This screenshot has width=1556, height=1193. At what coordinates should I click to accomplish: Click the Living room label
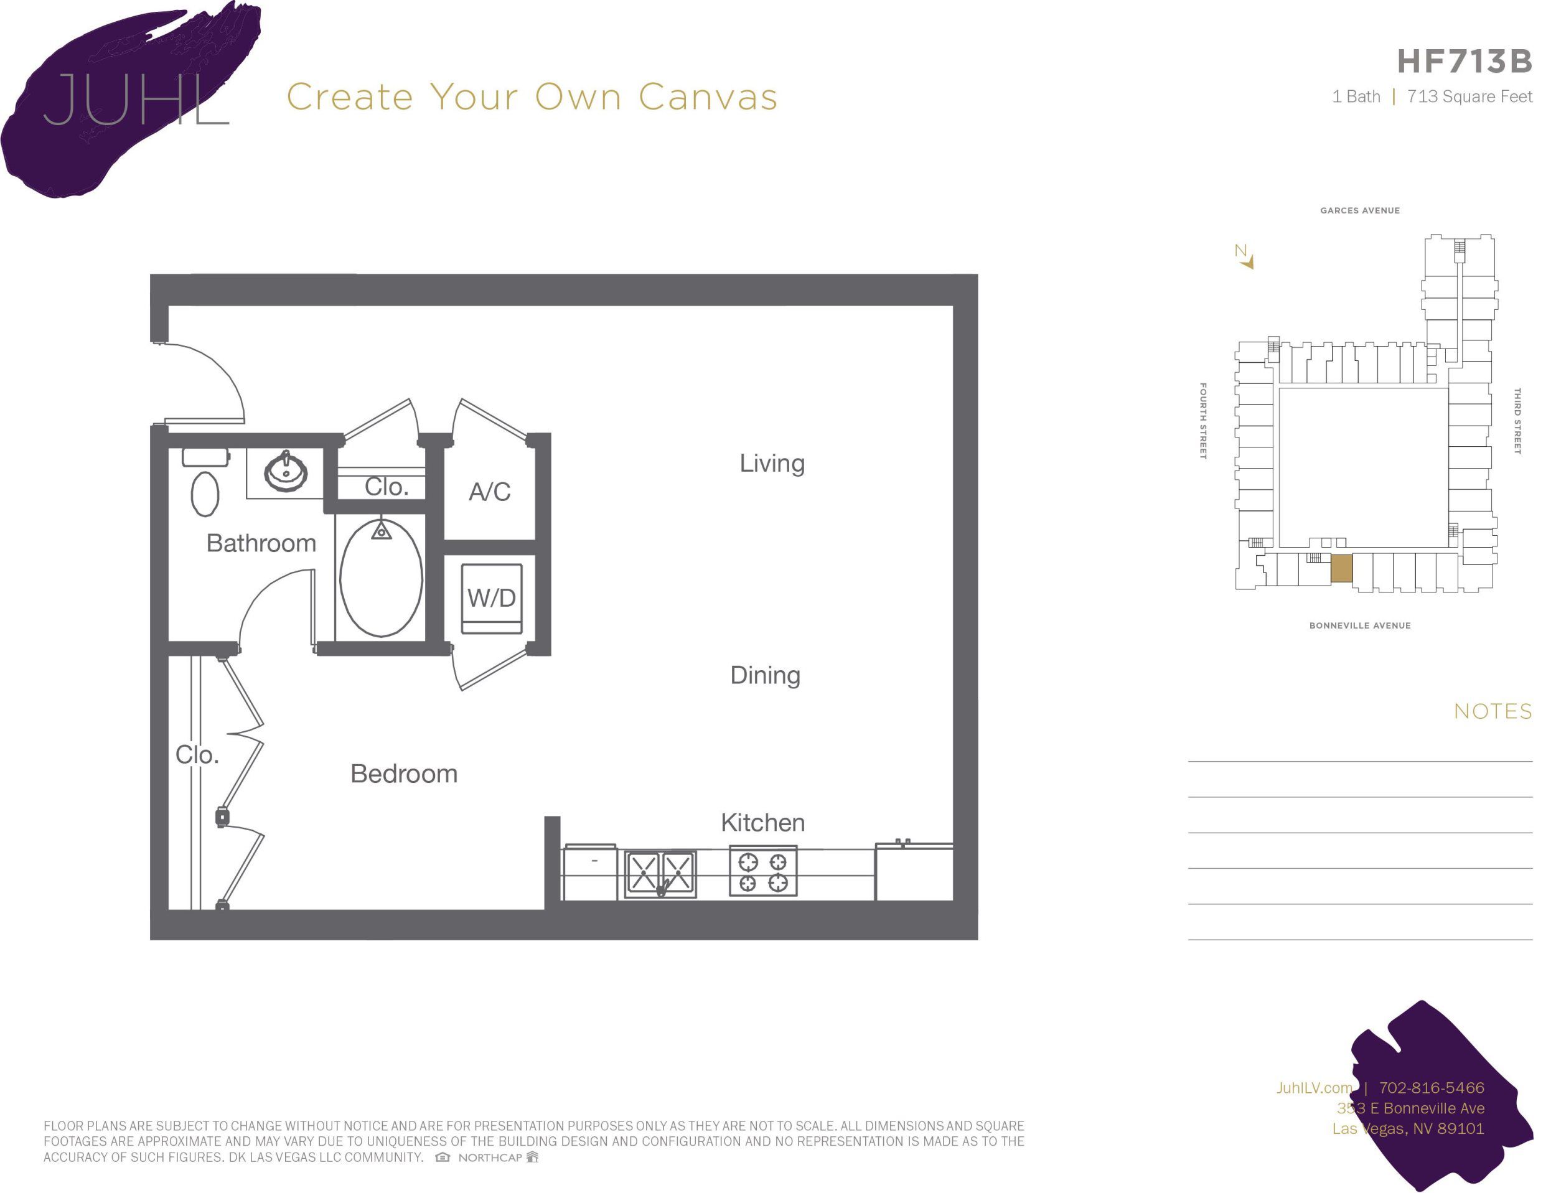[772, 463]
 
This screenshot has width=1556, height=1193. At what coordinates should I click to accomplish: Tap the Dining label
[765, 675]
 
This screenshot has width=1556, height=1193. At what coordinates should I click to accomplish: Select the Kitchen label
[762, 822]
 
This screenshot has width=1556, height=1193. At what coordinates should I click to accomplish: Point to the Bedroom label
[403, 774]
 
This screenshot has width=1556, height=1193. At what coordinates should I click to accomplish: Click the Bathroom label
[261, 543]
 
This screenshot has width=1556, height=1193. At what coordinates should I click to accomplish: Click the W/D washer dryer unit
[492, 598]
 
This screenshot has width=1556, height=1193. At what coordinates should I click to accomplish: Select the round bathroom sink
[286, 471]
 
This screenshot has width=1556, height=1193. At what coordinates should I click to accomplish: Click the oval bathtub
[382, 578]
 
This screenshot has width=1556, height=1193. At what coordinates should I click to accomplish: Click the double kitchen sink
[660, 874]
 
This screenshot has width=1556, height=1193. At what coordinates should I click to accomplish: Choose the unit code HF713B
[1465, 62]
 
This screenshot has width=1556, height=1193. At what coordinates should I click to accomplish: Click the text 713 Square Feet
[1469, 96]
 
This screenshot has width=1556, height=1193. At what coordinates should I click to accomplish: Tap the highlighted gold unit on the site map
[1341, 568]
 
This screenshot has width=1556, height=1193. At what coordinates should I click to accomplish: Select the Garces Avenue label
[1359, 210]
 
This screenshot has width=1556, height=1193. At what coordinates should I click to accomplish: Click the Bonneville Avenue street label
[1359, 625]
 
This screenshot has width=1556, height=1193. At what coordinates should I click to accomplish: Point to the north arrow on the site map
[1245, 257]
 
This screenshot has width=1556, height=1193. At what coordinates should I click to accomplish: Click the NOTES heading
[1492, 711]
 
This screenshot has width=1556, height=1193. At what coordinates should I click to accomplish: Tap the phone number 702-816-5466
[1431, 1087]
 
